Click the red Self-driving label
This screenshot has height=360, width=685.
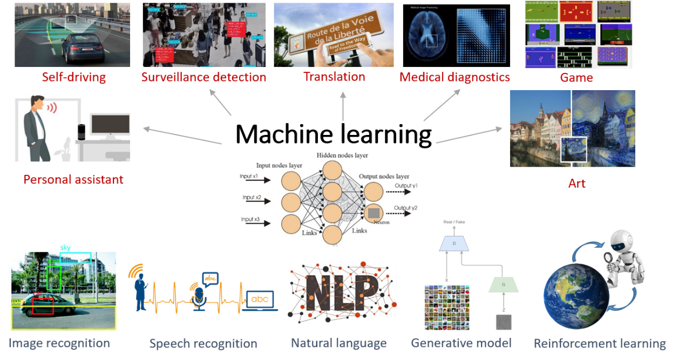coord(74,77)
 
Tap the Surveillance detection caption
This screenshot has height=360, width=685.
coord(204,77)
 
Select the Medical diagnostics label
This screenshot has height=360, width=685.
coord(455,77)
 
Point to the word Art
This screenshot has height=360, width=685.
coord(577,184)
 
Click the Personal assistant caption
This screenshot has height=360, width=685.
coord(73,179)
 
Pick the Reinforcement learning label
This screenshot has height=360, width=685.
coord(600,343)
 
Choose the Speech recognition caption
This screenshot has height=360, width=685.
coord(203,343)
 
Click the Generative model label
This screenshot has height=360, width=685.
coord(461,343)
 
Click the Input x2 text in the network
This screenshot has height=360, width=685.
coord(252,198)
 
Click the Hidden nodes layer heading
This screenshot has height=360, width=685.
coord(342,155)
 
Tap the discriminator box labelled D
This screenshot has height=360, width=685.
coord(453,243)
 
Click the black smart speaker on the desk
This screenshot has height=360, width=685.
coord(82,132)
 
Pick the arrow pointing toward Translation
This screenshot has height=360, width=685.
coord(343,105)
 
